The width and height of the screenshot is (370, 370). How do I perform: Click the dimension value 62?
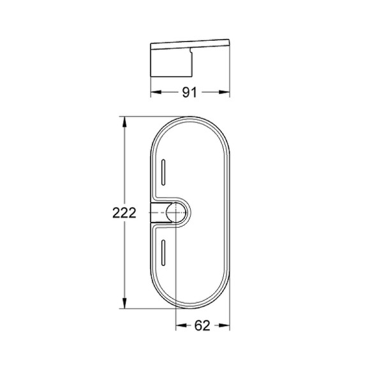tap(202, 325)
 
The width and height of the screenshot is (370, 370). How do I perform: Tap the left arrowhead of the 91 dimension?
tap(154, 93)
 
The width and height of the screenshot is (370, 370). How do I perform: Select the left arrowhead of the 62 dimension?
tap(180, 325)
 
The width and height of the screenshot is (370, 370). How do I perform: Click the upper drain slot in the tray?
tap(164, 172)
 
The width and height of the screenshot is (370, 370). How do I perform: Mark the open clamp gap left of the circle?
tap(158, 212)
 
